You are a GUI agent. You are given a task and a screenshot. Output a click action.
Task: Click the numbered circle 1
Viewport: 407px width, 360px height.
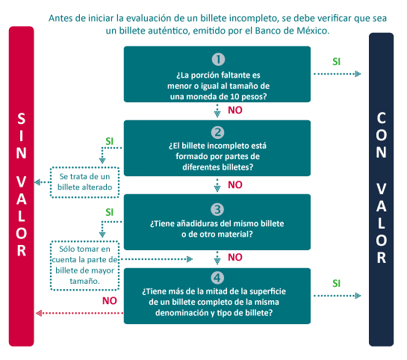click(x=218, y=59)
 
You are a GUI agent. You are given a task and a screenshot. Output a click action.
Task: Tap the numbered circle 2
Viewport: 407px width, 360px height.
click(x=217, y=132)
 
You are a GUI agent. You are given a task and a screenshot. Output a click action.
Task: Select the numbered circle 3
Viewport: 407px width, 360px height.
click(x=217, y=209)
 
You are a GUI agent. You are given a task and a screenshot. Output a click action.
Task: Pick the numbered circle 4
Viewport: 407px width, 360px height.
click(x=217, y=278)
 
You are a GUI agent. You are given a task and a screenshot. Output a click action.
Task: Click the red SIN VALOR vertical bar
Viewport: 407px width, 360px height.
click(x=22, y=186)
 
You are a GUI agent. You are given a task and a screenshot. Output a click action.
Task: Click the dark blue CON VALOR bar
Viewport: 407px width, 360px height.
click(x=381, y=190)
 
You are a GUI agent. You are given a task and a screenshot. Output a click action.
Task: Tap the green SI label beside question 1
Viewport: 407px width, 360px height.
click(x=336, y=61)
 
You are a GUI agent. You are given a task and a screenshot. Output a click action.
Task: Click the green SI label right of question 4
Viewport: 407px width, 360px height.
click(x=336, y=283)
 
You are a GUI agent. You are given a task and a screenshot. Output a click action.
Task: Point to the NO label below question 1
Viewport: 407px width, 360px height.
click(x=235, y=110)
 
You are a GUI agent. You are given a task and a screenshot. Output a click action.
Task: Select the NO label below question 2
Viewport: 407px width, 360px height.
click(x=235, y=184)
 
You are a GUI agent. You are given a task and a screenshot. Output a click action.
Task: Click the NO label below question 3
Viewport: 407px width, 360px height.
click(x=235, y=257)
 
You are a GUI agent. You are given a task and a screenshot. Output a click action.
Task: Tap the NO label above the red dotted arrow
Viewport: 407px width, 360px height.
click(x=110, y=301)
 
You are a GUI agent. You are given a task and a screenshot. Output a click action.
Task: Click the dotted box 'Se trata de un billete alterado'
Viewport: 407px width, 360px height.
click(x=84, y=182)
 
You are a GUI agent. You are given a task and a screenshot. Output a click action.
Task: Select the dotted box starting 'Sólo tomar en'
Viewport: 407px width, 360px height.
click(x=84, y=265)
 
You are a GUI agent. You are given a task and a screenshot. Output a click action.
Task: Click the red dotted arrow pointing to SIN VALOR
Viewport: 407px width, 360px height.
click(x=80, y=313)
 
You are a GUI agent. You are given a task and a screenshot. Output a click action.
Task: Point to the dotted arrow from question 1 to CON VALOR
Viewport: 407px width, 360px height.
click(x=338, y=74)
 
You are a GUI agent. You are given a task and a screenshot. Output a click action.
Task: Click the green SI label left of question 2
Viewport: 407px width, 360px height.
click(x=110, y=141)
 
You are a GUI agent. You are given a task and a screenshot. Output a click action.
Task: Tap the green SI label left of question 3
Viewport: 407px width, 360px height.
click(x=110, y=212)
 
